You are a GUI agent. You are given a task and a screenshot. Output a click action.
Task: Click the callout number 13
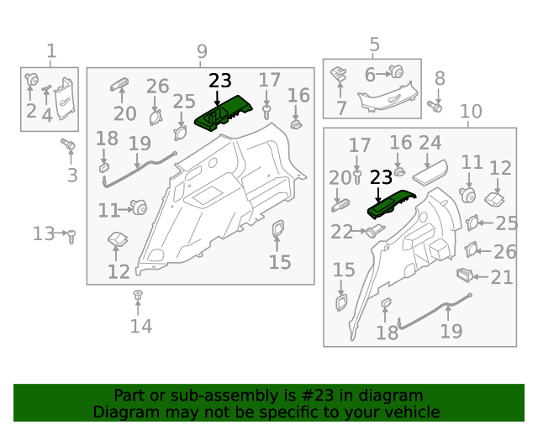(x=44, y=233)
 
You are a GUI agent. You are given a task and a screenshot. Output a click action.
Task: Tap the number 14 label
(x=141, y=326)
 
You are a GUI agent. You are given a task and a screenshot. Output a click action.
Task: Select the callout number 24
(x=430, y=143)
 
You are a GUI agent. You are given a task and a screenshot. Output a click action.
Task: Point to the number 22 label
(x=341, y=232)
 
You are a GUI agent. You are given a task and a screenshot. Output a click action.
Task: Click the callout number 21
(x=502, y=277)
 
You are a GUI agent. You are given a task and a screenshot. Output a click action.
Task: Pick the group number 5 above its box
(x=375, y=45)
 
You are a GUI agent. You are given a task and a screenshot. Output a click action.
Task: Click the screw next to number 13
(x=71, y=237)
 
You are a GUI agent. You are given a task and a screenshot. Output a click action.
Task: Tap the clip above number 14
(x=138, y=295)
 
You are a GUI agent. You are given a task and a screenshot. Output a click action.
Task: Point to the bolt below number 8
(x=435, y=107)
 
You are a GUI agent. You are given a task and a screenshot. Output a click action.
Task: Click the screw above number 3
(x=68, y=144)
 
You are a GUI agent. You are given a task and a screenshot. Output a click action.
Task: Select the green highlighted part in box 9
(x=224, y=113)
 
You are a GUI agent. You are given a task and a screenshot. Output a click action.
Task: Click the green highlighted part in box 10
(x=391, y=204)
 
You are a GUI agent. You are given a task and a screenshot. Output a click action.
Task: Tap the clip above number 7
(x=338, y=73)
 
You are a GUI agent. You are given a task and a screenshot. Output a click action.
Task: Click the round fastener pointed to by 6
(x=397, y=72)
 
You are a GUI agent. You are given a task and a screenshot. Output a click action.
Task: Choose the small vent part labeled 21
(x=465, y=275)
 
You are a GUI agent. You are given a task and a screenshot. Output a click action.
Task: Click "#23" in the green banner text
(x=317, y=396)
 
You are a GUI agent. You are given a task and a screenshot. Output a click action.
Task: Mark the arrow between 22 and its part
(x=359, y=231)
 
